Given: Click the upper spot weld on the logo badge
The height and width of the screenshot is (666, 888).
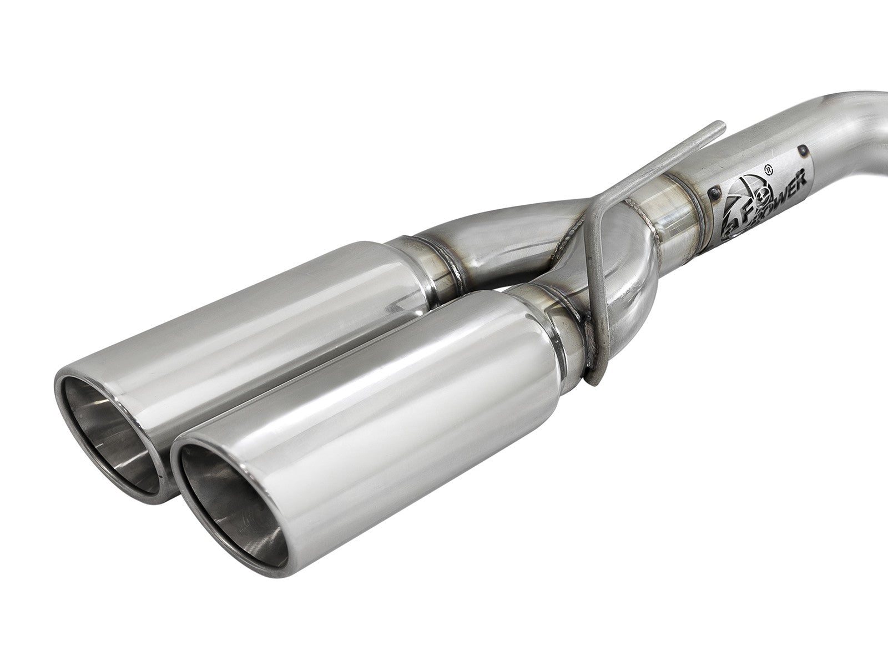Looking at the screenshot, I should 801,150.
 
